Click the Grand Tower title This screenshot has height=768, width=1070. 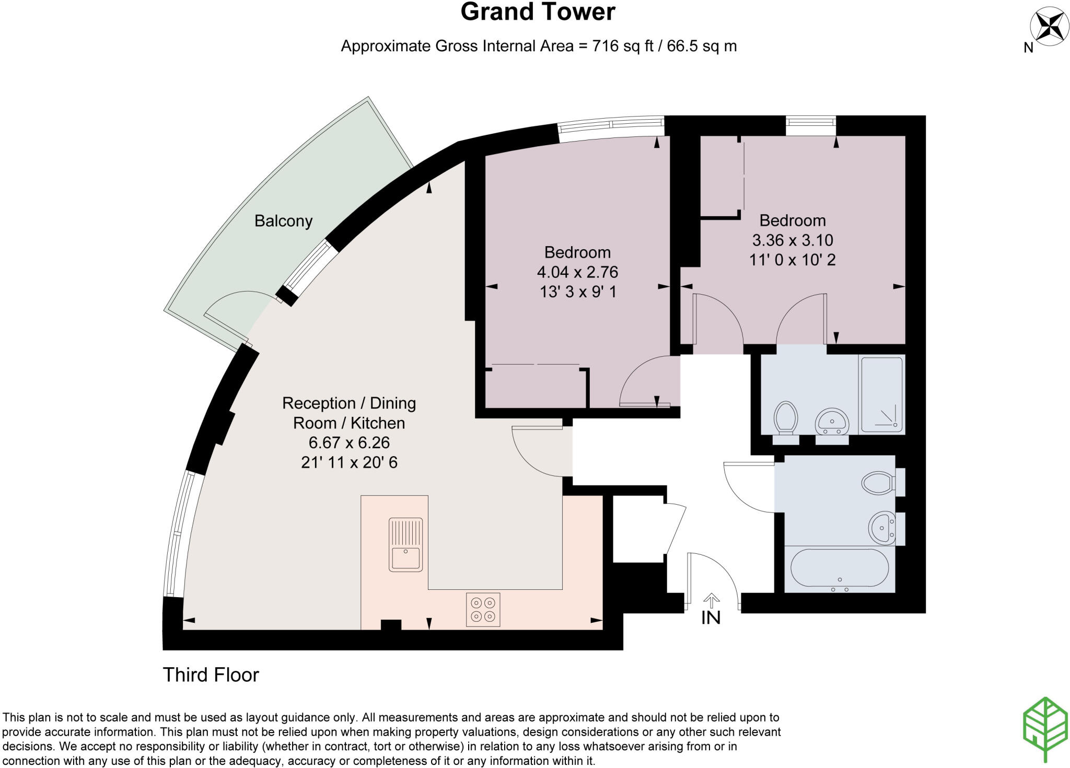pyautogui.click(x=538, y=13)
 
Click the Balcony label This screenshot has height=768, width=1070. pyautogui.click(x=283, y=221)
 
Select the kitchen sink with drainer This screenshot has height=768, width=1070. pyautogui.click(x=405, y=544)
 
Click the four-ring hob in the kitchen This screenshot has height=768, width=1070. pyautogui.click(x=483, y=609)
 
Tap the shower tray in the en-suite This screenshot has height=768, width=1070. pyautogui.click(x=882, y=395)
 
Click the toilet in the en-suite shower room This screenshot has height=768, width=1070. pyautogui.click(x=786, y=418)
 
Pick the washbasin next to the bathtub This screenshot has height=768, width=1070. pyautogui.click(x=882, y=528)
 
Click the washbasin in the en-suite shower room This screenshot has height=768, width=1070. pyautogui.click(x=832, y=421)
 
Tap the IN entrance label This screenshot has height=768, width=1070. pyautogui.click(x=711, y=618)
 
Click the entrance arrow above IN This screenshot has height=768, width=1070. pyautogui.click(x=711, y=599)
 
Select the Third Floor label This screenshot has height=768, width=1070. pyautogui.click(x=211, y=675)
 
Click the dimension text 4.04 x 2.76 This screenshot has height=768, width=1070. pyautogui.click(x=577, y=272)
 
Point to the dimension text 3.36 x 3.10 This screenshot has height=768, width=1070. pyautogui.click(x=792, y=240)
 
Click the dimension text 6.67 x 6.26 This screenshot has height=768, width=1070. pyautogui.click(x=349, y=443)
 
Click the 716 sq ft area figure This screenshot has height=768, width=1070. pyautogui.click(x=623, y=46)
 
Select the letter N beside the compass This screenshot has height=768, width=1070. pyautogui.click(x=1028, y=48)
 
